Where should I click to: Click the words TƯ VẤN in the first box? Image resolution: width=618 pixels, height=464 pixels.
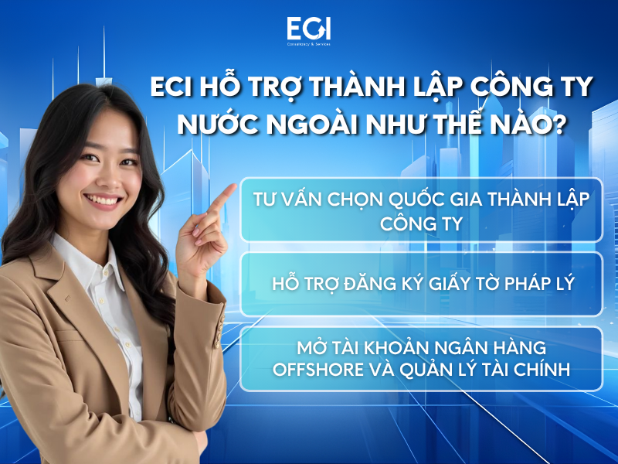[x=281, y=199]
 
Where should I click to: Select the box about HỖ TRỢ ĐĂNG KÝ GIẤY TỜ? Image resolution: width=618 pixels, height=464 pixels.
[x=421, y=283]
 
